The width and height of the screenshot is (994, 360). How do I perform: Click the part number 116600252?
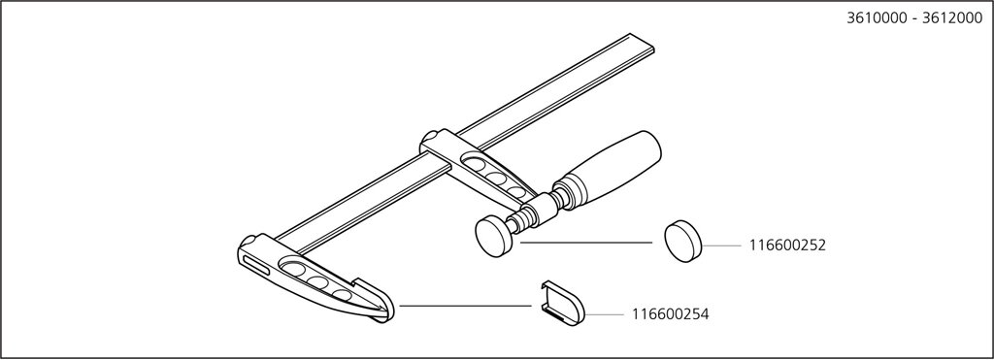(787, 245)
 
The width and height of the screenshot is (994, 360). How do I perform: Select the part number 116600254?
(670, 313)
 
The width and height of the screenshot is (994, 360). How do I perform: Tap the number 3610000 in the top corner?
(874, 17)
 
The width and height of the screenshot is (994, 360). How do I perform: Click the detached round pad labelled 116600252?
(683, 242)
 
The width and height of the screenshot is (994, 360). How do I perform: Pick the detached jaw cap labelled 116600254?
(563, 303)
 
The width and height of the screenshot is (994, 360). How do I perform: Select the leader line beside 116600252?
(722, 245)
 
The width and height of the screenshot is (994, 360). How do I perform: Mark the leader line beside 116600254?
(605, 313)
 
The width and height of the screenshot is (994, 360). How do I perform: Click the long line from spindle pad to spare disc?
(585, 243)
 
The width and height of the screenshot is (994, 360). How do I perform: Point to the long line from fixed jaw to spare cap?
(465, 306)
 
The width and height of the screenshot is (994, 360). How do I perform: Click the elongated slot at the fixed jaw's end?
(255, 264)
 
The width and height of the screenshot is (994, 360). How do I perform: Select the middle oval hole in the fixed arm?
(317, 282)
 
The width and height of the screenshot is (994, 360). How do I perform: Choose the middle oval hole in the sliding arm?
(497, 179)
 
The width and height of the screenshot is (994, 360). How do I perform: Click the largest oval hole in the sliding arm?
(474, 164)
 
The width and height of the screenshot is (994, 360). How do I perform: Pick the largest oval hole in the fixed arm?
(293, 268)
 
